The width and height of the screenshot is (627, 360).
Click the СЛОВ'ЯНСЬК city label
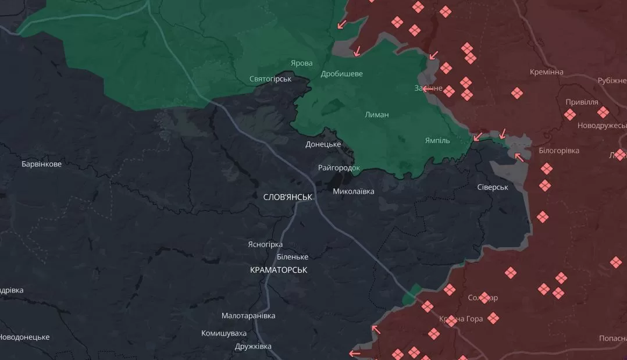[287, 197]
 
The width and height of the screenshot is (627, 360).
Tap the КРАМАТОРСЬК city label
[278, 270]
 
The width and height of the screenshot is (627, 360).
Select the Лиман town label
[377, 115]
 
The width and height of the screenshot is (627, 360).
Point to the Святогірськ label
[270, 79]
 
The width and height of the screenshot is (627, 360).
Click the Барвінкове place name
[41, 164]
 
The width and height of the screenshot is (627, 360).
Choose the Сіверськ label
[493, 187]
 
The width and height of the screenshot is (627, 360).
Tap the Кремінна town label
[547, 72]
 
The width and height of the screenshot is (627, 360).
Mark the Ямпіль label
[437, 140]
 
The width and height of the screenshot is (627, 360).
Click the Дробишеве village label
[341, 74]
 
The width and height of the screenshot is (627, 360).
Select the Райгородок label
[339, 167]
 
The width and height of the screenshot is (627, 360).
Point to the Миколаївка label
[354, 191]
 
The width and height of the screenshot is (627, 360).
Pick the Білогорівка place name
[559, 151]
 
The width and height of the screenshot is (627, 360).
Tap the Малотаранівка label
[248, 316]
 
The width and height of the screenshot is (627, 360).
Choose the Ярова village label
[302, 63]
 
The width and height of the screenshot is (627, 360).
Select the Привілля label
[582, 102]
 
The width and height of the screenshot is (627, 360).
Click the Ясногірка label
[265, 245]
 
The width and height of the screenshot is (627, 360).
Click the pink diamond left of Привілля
[570, 115]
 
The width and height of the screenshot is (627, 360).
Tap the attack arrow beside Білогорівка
[519, 156]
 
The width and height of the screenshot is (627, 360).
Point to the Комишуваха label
[224, 333]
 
